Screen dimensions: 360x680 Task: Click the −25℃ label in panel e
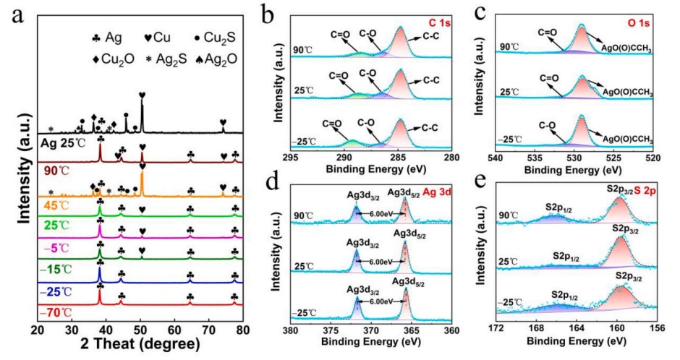(x=512, y=300)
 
